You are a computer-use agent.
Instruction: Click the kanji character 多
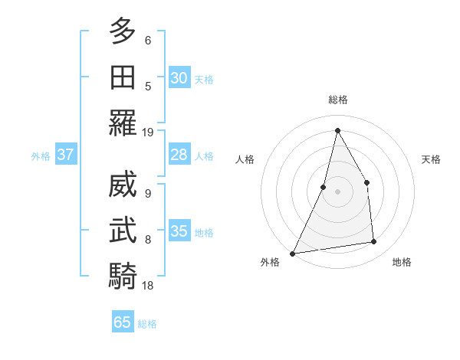tap(123, 31)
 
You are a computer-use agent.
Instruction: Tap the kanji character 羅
tap(123, 123)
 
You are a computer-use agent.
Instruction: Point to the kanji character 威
tap(123, 184)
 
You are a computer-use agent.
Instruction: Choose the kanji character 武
tap(123, 229)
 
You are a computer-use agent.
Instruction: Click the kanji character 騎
tap(123, 274)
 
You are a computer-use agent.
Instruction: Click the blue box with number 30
tap(179, 78)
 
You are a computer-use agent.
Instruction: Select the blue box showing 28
tap(179, 155)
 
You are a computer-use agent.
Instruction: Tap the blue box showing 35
tap(179, 231)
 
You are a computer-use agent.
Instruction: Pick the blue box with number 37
tap(66, 155)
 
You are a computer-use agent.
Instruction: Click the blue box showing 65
tap(123, 322)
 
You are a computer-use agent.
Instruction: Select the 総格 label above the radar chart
tap(337, 100)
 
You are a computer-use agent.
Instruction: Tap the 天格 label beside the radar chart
tap(432, 159)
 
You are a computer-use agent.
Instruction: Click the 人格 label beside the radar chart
tap(245, 159)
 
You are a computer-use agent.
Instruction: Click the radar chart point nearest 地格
tap(374, 242)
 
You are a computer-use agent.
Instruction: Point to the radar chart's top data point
tap(337, 130)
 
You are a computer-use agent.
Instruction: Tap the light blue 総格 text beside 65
tap(147, 324)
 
